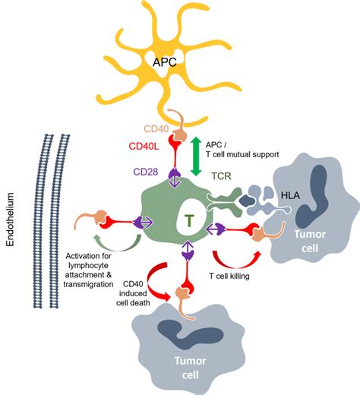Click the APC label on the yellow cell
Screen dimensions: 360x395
pos(165,62)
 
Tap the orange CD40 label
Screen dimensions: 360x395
pos(156,128)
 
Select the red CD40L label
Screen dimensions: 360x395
pos(144,146)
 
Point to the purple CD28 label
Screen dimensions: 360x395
pos(146,172)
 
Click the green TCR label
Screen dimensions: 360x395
pos(222,175)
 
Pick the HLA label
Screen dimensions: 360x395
pos(291,195)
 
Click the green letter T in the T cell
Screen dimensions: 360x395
pos(189,221)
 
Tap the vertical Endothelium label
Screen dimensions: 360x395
pos(10,220)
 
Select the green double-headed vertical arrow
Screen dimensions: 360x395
pos(196,156)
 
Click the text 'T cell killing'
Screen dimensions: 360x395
pos(229,276)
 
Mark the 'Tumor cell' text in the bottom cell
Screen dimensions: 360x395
pos(190,368)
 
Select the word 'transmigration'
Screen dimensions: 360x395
pos(88,284)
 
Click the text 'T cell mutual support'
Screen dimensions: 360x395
pos(242,154)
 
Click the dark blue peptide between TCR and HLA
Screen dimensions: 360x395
pos(248,201)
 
